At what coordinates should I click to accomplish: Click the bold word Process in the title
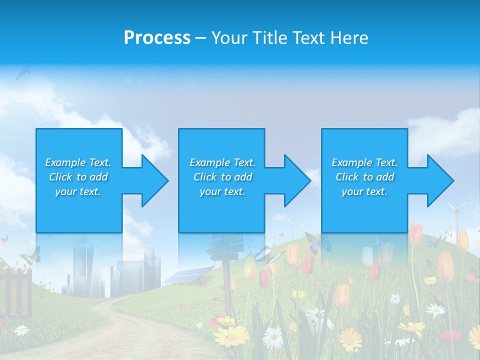point(157,38)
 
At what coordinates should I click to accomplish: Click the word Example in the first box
point(65,162)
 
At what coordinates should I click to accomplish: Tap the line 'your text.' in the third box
point(364,191)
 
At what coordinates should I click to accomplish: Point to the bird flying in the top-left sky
point(22,73)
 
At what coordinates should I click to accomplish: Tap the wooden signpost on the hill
point(225,260)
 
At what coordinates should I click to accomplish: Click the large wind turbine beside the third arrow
point(456,215)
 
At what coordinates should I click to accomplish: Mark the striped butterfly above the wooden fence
point(30,255)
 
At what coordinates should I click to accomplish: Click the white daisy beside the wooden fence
point(21,330)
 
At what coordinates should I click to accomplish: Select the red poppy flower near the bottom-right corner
point(450,336)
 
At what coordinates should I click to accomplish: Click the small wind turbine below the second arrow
point(290,222)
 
